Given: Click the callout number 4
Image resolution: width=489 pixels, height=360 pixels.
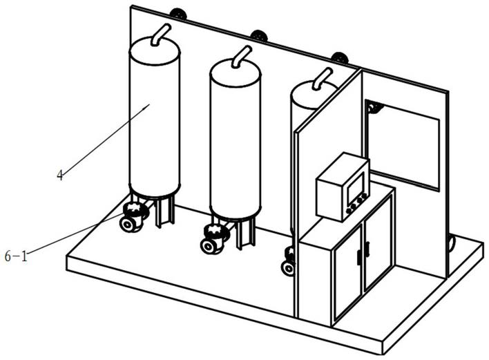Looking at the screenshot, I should coord(60,176).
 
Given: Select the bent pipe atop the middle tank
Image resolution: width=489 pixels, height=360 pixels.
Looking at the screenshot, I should coord(241,56).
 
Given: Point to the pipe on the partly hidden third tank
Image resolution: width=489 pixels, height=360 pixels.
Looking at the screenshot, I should coord(321,77).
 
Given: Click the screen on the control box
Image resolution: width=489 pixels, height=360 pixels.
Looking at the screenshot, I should coord(356,185).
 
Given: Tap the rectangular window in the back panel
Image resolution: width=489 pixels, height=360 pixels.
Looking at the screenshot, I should coord(402,144).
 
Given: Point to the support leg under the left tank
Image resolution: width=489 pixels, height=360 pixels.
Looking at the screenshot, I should coord(164,211).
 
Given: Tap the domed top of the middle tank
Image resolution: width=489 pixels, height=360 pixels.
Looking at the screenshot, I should coord(236,68).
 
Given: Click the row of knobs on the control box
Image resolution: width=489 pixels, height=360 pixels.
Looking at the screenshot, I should coord(357,203).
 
